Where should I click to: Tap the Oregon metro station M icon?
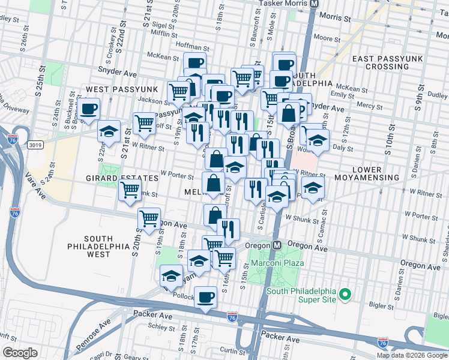(277, 245)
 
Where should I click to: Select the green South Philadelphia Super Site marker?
(344, 295)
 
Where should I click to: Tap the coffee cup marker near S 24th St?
(88, 109)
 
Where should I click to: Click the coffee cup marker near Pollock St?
(206, 297)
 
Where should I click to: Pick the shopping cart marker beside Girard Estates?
(130, 190)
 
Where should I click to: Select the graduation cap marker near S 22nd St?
(109, 131)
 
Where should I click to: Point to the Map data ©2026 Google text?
(412, 355)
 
